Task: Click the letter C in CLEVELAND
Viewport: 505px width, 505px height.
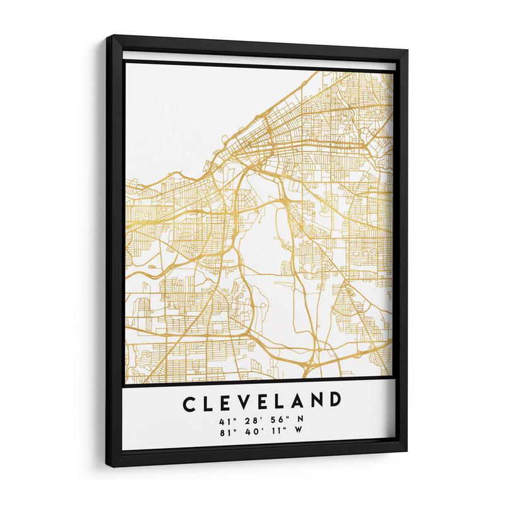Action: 189,403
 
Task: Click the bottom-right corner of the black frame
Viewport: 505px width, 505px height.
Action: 407,451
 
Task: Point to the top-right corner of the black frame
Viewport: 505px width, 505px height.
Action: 408,50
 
